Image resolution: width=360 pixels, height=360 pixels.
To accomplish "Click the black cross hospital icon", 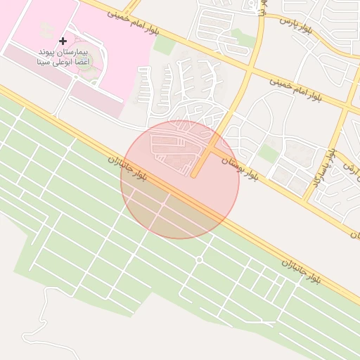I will click(x=63, y=41).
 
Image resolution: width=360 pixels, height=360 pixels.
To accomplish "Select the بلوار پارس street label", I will click(x=295, y=25).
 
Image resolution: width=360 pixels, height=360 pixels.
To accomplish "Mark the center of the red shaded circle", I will click(x=179, y=179).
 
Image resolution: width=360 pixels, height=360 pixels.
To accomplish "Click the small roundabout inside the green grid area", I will click(x=199, y=260).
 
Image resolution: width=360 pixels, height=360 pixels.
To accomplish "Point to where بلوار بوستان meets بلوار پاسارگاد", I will click(x=307, y=200).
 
